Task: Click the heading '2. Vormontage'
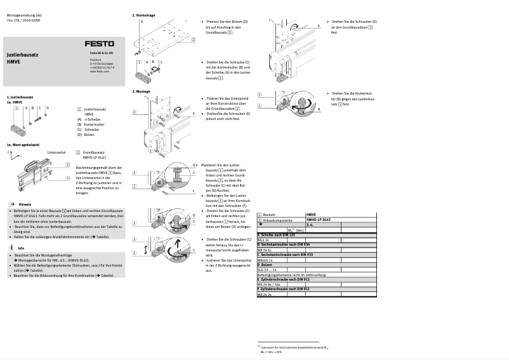point(143,15)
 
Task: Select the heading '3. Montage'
point(141,91)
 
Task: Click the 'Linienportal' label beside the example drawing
point(56,152)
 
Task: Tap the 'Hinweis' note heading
point(25,204)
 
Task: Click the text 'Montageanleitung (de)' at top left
point(24,15)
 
